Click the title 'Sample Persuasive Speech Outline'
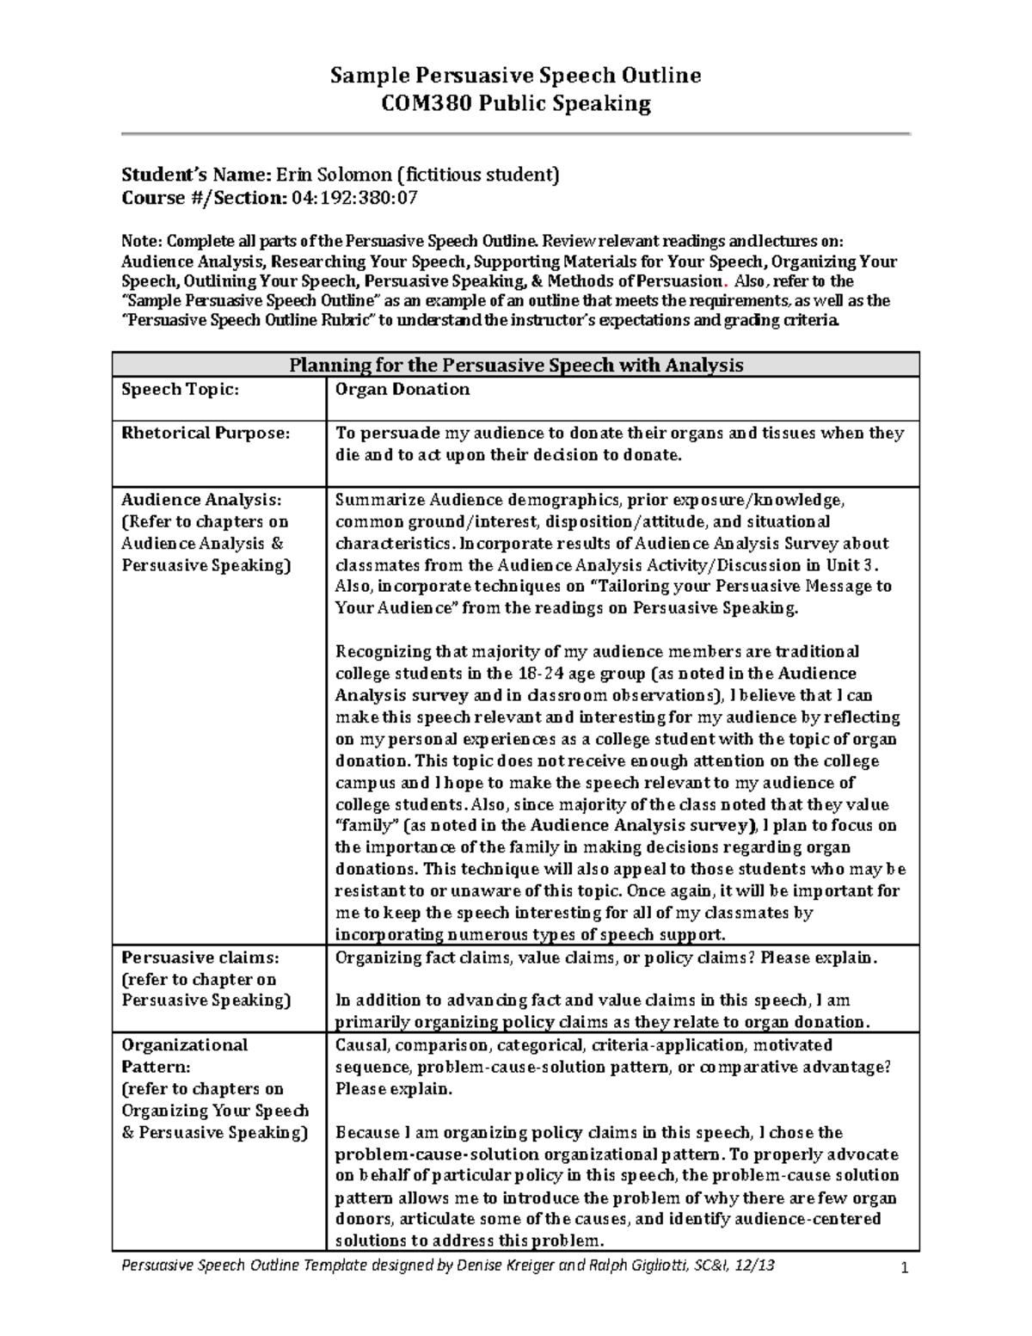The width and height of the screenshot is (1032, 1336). click(x=516, y=76)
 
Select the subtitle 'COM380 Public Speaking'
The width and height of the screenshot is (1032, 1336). click(x=516, y=104)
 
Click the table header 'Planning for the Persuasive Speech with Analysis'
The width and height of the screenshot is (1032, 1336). click(x=516, y=365)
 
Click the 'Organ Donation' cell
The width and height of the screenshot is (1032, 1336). click(x=402, y=390)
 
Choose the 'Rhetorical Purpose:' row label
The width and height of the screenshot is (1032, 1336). click(x=206, y=434)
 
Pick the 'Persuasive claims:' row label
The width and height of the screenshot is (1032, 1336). click(x=200, y=957)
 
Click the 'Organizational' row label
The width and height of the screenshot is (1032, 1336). click(x=184, y=1045)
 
